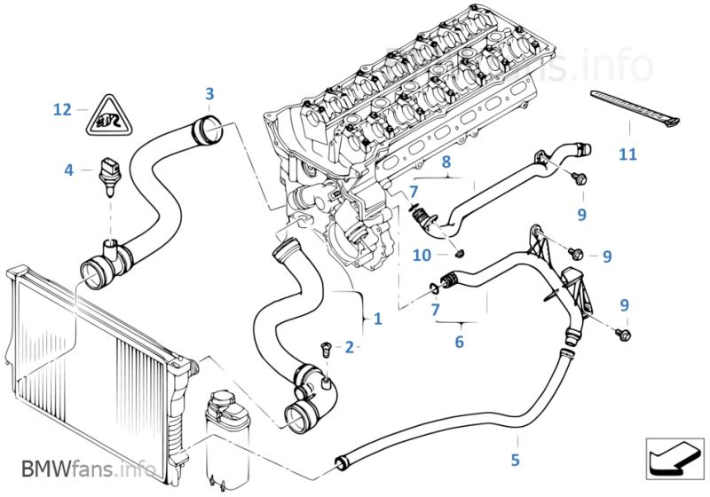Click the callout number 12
(x=61, y=110)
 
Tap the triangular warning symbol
(x=105, y=116)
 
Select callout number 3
(x=209, y=93)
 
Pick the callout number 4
(x=69, y=169)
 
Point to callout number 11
(x=627, y=154)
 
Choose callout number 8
(x=446, y=162)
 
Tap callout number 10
(x=423, y=256)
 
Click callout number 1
(x=377, y=318)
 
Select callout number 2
(x=349, y=346)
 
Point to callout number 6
(x=459, y=341)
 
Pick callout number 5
(x=516, y=460)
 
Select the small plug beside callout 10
(x=459, y=254)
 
